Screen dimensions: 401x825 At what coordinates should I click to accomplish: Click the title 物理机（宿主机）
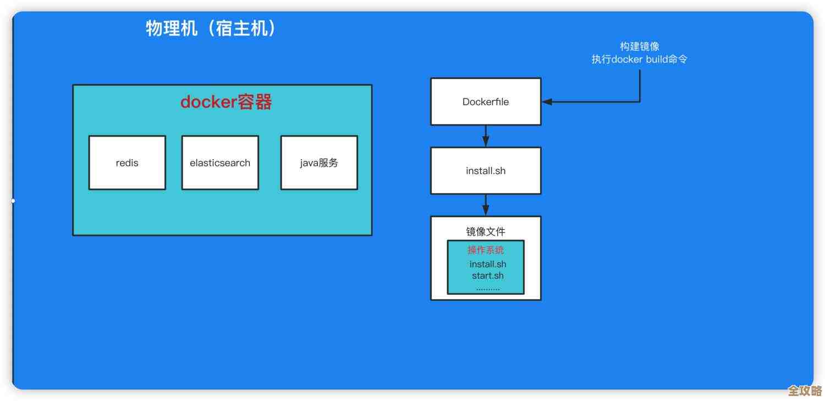click(x=211, y=28)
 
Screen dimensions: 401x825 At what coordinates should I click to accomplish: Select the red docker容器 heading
click(x=226, y=102)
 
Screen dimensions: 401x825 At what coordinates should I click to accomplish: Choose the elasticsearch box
click(x=220, y=162)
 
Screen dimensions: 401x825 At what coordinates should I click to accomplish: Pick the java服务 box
click(x=319, y=162)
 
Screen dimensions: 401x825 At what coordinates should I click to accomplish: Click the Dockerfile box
click(x=486, y=102)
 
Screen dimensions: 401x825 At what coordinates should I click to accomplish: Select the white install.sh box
click(x=486, y=171)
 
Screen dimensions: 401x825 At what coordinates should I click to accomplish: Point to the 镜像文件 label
click(x=486, y=232)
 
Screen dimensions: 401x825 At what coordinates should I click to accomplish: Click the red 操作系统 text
click(x=486, y=250)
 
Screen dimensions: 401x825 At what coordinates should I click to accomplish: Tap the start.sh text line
click(x=487, y=275)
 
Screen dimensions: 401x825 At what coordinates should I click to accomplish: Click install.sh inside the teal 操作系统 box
click(x=488, y=264)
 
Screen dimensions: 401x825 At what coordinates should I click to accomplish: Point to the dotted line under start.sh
click(x=488, y=288)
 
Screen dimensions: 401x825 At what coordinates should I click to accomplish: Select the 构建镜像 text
click(x=640, y=47)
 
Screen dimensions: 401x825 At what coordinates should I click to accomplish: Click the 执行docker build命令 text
click(x=640, y=59)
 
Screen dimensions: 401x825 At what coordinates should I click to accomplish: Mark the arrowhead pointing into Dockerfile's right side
click(x=547, y=102)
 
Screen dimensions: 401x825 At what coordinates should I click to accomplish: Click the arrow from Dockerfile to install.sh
click(x=486, y=136)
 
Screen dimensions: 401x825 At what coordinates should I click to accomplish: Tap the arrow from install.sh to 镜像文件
click(x=486, y=204)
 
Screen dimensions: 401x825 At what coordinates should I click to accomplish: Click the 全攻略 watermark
click(x=805, y=391)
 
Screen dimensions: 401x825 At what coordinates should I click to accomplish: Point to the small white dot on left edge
click(x=13, y=201)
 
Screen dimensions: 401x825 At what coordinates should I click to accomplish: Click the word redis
click(x=127, y=163)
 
